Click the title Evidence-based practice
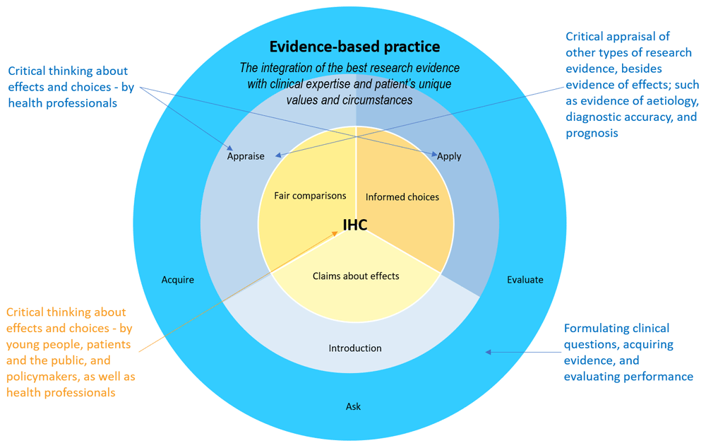coord(354,47)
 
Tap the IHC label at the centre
coord(355,225)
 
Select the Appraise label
coord(246,156)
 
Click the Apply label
coord(449,156)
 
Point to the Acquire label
coord(177,280)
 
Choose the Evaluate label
coord(525,280)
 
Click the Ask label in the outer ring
coord(353,406)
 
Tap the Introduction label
coord(355,348)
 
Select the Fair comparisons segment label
coord(310,195)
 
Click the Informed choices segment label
coord(402,196)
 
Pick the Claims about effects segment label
coord(356,276)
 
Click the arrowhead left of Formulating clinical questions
coord(489,351)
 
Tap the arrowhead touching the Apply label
coord(433,153)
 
